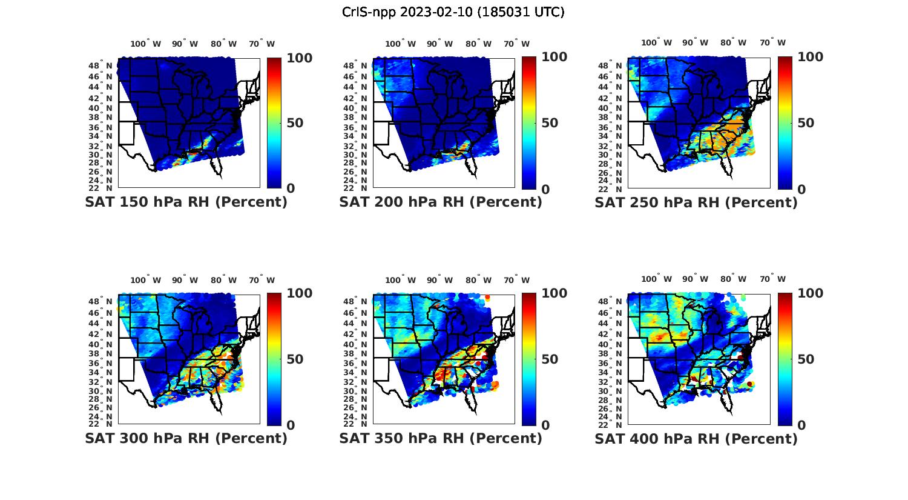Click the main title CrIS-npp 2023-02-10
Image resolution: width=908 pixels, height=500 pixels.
453,12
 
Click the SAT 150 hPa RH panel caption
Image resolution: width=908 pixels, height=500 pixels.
186,202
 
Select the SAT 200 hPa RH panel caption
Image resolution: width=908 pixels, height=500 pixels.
441,202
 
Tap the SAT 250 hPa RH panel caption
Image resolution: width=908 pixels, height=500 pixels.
696,202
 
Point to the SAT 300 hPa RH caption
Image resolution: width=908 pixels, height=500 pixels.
186,438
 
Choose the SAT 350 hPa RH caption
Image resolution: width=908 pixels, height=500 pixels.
441,438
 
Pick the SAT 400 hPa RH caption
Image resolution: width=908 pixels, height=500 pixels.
696,438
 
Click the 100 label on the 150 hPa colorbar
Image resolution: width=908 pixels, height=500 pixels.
299,58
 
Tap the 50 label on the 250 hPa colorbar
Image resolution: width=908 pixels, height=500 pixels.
804,123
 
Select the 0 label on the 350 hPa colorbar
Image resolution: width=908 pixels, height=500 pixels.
545,425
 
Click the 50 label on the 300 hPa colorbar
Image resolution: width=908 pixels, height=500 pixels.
295,359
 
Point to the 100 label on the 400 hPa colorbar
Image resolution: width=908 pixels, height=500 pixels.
810,293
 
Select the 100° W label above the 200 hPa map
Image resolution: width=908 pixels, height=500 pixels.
400,44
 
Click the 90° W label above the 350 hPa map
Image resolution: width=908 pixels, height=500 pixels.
439,280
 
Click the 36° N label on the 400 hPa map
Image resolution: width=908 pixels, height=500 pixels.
611,363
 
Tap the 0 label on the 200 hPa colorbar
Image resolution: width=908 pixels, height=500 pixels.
545,190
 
